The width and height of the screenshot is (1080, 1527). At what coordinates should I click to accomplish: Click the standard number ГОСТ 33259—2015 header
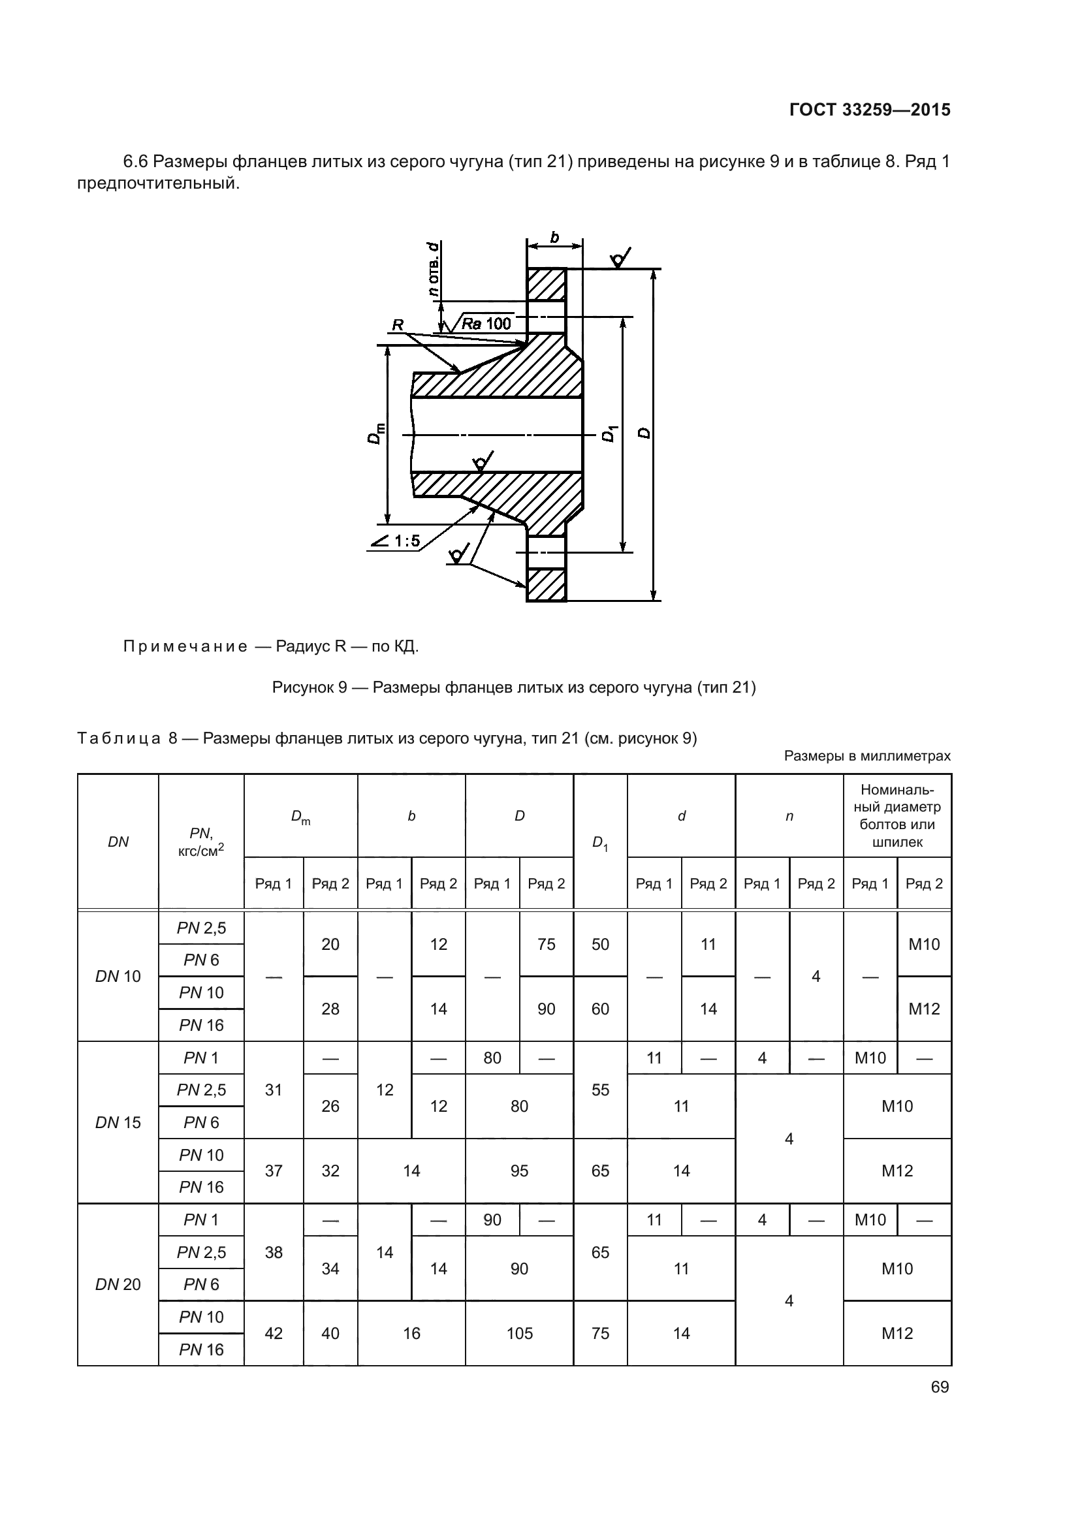tap(869, 110)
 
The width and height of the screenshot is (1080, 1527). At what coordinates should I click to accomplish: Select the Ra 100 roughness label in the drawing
tap(486, 324)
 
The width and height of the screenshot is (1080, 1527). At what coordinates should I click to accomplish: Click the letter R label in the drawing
tap(398, 324)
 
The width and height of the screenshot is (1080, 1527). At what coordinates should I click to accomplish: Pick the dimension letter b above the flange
tap(554, 238)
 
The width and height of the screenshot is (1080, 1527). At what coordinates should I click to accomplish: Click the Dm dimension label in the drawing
tap(375, 433)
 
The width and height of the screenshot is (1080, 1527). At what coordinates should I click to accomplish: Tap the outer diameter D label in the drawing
tap(644, 433)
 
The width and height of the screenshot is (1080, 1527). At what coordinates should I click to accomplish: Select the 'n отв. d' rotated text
tap(433, 270)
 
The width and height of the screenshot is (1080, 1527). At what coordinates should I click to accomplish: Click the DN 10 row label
tap(118, 976)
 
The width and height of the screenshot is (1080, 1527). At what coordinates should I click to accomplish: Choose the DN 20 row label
tap(118, 1284)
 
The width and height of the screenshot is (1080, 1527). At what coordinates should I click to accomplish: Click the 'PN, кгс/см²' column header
tap(201, 842)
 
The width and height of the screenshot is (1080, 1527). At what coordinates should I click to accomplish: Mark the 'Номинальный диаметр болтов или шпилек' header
tap(897, 815)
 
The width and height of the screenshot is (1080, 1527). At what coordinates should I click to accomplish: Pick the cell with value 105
tap(519, 1333)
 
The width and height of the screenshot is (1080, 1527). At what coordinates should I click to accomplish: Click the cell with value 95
tap(519, 1171)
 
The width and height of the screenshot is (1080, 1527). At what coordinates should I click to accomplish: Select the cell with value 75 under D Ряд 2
tap(546, 944)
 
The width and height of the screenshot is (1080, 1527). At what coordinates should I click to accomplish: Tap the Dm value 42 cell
tap(274, 1333)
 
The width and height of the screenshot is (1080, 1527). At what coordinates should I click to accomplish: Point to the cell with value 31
tap(274, 1090)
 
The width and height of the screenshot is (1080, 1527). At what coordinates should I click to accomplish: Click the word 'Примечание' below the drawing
tap(185, 646)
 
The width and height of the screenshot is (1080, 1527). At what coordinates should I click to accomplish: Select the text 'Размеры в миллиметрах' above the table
tap(867, 755)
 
